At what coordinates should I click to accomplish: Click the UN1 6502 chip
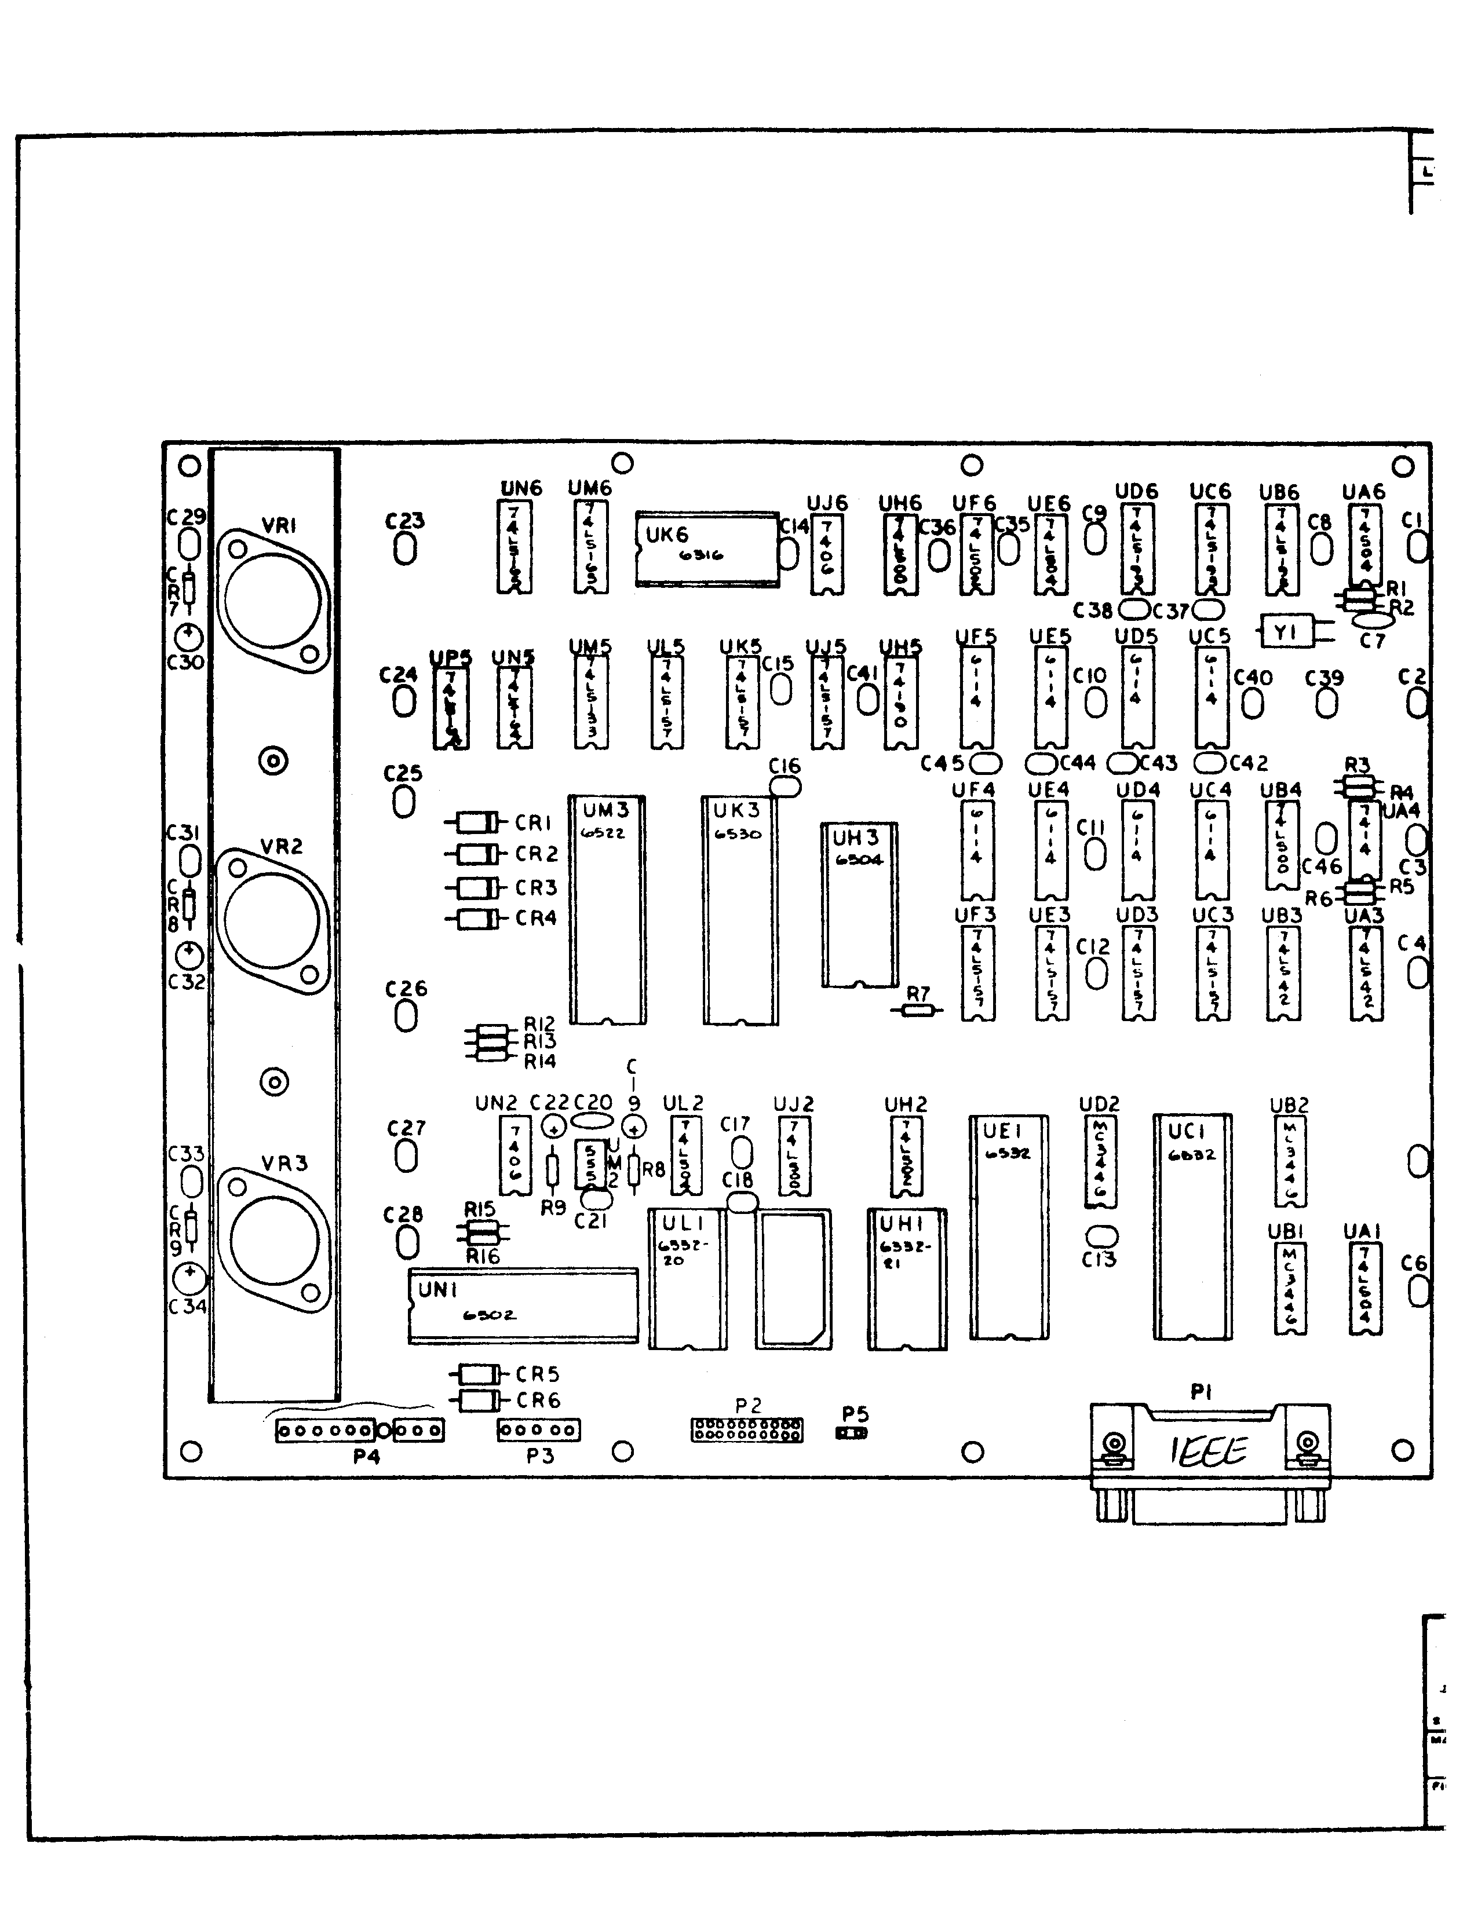point(523,1306)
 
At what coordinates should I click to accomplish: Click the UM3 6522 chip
point(608,909)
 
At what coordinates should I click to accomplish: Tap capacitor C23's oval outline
point(405,549)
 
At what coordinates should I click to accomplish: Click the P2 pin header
point(747,1430)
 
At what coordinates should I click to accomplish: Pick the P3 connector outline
point(538,1431)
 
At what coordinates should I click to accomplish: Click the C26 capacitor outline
point(406,1016)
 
